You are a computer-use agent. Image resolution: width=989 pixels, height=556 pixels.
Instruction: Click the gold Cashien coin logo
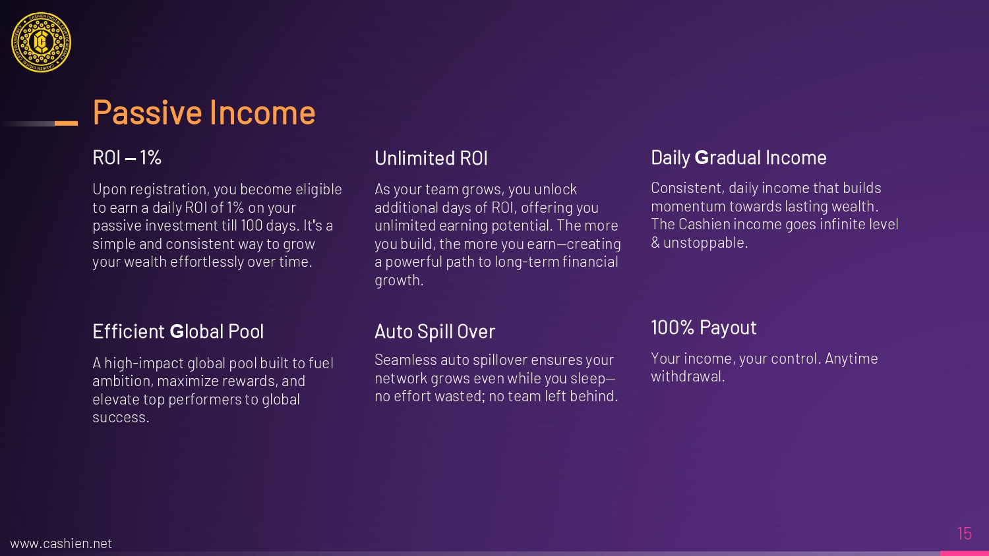(x=41, y=42)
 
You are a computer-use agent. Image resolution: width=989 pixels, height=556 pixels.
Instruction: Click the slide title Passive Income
(x=204, y=112)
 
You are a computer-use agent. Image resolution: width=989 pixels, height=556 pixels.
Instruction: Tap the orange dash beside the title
(x=66, y=123)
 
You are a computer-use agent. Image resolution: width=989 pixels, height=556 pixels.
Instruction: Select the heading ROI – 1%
(x=127, y=157)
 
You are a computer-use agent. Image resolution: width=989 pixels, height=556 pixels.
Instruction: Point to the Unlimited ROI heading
(x=431, y=158)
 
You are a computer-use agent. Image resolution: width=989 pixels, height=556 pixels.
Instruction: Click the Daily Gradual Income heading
(x=738, y=157)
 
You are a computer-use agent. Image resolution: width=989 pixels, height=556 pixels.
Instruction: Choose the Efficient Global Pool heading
(x=178, y=331)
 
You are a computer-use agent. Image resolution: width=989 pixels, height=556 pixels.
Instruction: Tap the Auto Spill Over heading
(x=435, y=332)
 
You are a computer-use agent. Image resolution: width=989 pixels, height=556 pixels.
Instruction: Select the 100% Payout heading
(x=704, y=327)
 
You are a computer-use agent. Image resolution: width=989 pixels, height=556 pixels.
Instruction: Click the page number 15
(x=965, y=534)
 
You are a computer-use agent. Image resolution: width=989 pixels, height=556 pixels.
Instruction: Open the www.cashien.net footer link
(x=61, y=543)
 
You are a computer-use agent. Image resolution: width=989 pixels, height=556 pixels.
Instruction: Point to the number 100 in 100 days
(x=252, y=225)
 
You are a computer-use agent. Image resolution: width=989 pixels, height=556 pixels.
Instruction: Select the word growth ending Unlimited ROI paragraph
(x=399, y=281)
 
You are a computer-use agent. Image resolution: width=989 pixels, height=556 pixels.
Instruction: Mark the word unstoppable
(x=705, y=242)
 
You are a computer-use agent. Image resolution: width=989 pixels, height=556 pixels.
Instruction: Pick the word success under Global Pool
(x=121, y=418)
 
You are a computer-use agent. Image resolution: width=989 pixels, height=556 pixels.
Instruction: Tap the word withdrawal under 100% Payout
(x=688, y=376)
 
